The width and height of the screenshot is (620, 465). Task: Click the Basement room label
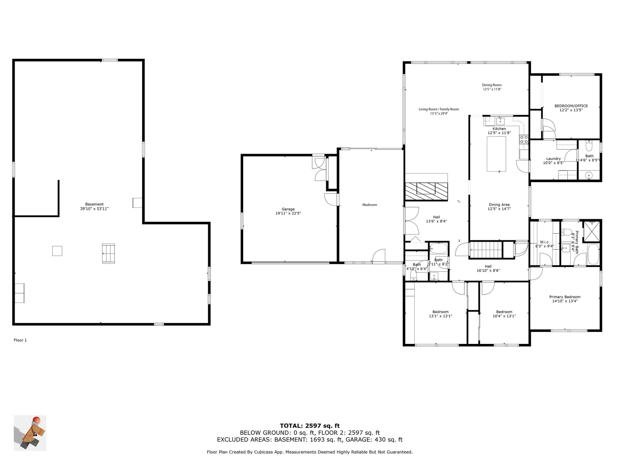[x=94, y=204]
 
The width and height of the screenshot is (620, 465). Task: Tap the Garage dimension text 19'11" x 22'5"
[x=288, y=213]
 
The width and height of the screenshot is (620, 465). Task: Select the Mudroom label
[x=370, y=205]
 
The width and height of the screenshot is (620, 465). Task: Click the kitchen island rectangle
[x=496, y=154]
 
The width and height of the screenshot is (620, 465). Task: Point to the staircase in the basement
[x=108, y=253]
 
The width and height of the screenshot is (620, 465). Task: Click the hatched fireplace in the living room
[x=427, y=191]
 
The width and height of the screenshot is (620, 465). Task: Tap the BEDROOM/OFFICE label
[x=571, y=106]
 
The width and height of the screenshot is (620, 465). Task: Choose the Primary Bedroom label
[x=565, y=297]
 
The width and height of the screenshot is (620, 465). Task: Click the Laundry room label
[x=553, y=159]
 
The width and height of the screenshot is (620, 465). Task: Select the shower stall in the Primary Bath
[x=591, y=231]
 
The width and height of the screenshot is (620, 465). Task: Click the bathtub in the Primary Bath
[x=594, y=254]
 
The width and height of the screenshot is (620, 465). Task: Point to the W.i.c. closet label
[x=545, y=242]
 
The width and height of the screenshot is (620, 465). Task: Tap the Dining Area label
[x=499, y=205]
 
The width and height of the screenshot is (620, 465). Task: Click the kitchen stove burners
[x=524, y=139]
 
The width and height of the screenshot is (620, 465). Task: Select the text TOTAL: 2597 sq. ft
[x=310, y=426]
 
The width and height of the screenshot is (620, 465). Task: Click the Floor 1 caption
[x=20, y=340]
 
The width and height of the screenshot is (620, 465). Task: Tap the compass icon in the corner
[x=30, y=433]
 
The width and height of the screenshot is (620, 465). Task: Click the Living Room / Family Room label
[x=439, y=109]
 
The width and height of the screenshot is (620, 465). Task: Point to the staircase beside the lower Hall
[x=486, y=250]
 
